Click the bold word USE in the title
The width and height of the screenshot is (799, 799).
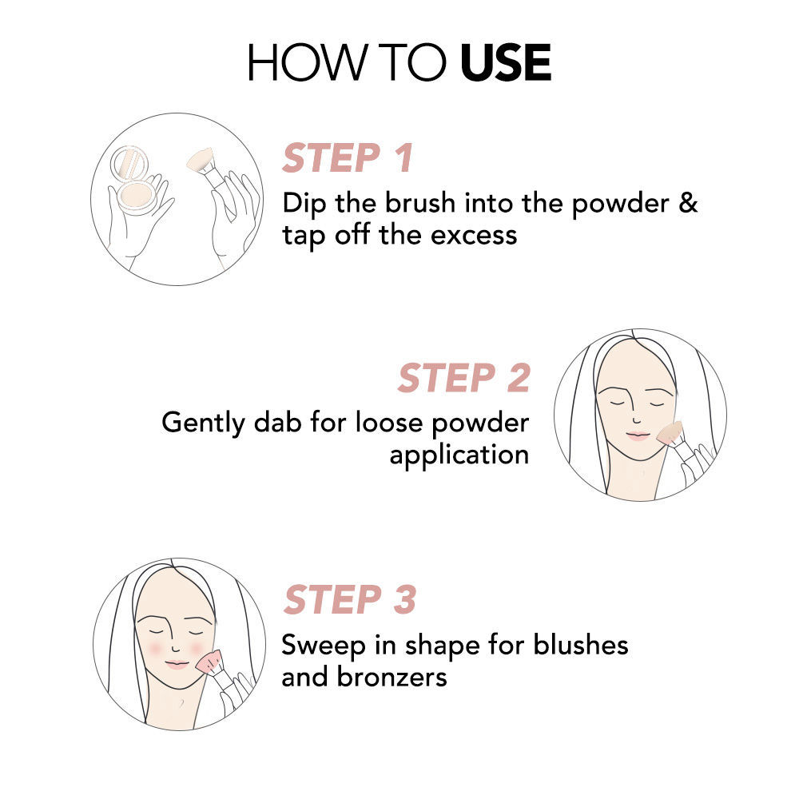tap(506, 62)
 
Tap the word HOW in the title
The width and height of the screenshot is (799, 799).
tap(308, 62)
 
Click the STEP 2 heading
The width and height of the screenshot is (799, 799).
tap(464, 378)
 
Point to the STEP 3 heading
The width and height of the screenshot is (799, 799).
tap(350, 599)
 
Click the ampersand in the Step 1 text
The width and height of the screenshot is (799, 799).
tap(688, 202)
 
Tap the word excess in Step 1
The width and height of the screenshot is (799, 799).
tap(474, 236)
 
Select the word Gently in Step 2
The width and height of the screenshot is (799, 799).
tap(203, 423)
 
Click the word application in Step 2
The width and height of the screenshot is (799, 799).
tap(459, 455)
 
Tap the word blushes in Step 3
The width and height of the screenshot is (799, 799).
tap(580, 645)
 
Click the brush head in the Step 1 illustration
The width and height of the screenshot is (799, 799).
tap(200, 160)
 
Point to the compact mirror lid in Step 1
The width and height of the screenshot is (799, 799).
tap(129, 162)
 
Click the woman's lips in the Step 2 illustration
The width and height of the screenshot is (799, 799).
tap(638, 435)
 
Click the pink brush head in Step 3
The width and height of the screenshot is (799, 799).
tap(209, 662)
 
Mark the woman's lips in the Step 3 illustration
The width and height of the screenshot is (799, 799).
tap(177, 664)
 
